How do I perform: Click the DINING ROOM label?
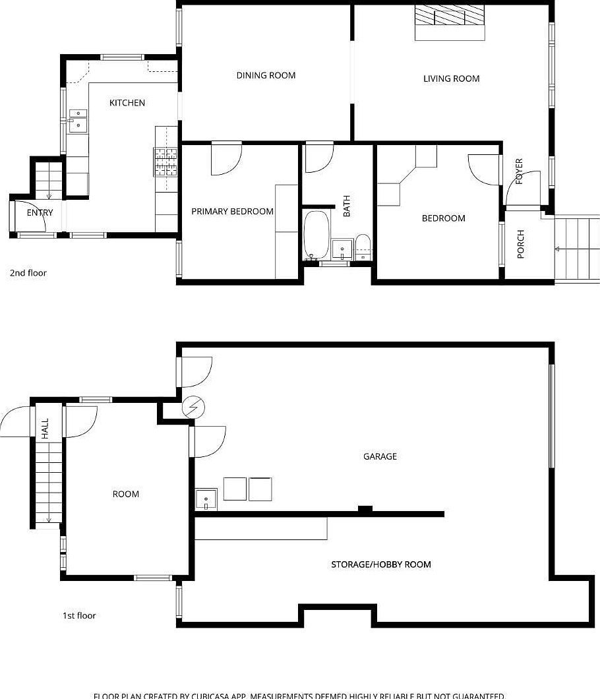[266, 75]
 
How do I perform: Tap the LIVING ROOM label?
[451, 78]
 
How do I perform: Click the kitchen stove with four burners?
[166, 162]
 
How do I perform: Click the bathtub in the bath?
[316, 235]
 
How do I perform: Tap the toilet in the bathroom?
[363, 246]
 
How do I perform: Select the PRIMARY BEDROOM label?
[232, 212]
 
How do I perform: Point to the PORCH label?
[521, 243]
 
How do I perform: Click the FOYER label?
[519, 171]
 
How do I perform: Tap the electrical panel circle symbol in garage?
[193, 408]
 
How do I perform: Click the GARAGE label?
[380, 456]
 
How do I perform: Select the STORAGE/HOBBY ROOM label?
[380, 564]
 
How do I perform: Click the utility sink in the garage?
[206, 499]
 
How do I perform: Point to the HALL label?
[45, 429]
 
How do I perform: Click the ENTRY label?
[40, 212]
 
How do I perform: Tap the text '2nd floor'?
[28, 272]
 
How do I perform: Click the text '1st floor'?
[79, 615]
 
